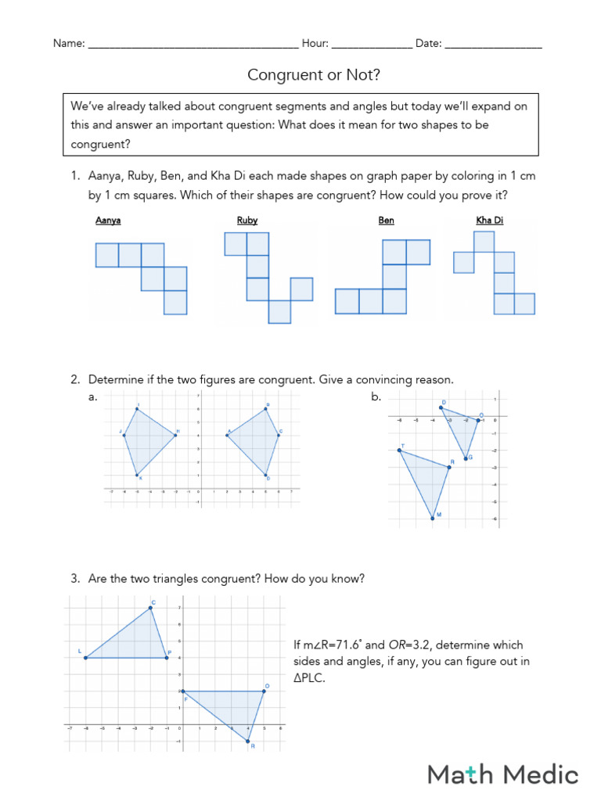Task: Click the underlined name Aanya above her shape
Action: (x=108, y=221)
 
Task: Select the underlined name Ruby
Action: (x=247, y=221)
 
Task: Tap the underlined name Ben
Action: (x=387, y=221)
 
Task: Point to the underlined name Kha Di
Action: (x=490, y=221)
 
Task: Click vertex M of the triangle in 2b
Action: (x=432, y=518)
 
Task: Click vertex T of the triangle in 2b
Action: (x=400, y=450)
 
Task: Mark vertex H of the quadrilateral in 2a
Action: (x=175, y=435)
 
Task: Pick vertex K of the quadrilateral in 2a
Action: (x=137, y=475)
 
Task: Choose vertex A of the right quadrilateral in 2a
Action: (x=227, y=435)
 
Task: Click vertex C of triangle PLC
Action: (x=150, y=608)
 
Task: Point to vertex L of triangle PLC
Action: (x=85, y=658)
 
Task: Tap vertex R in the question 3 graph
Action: (x=247, y=741)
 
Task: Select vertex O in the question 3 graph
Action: (x=264, y=691)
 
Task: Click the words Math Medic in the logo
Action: (x=502, y=774)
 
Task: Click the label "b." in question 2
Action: (x=376, y=397)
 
